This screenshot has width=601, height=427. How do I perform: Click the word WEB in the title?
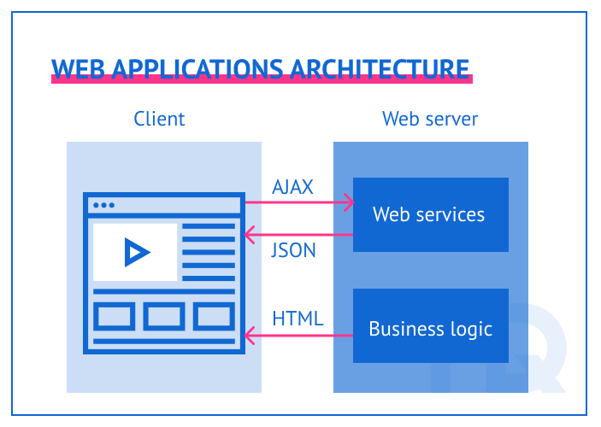pos(74,68)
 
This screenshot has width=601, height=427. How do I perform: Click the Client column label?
pos(159,119)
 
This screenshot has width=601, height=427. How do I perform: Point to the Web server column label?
pos(430,119)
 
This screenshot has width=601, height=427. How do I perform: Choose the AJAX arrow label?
pos(293,187)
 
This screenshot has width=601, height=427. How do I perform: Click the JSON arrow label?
pos(293,250)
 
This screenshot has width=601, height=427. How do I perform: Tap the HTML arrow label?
pos(298,319)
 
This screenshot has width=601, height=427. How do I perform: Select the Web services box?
pos(430,214)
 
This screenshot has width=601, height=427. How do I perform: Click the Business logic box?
pos(430,328)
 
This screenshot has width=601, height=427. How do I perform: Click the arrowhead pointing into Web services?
pos(348,203)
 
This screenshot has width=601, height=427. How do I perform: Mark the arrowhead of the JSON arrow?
pos(249,234)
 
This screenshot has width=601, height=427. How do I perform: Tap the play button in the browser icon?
pos(136,252)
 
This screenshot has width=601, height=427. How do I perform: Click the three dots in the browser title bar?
pos(103,205)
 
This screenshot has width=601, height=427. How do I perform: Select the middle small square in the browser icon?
pos(164,316)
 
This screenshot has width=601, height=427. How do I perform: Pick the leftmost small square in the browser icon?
pos(115,316)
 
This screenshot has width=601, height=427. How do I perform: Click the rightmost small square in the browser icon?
pos(214,316)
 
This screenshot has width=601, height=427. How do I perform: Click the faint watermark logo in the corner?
pos(530,350)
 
